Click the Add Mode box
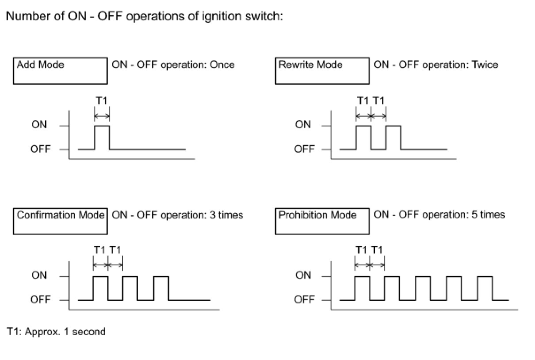tap(60, 71)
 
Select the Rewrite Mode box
tap(322, 71)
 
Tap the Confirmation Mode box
tap(60, 221)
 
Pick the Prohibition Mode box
tap(322, 221)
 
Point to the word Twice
tap(485, 65)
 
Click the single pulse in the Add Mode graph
tap(102, 138)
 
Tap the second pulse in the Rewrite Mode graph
tap(393, 138)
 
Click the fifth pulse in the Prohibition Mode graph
tap(485, 288)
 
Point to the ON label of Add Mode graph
tap(39, 125)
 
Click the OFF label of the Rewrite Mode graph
tap(304, 149)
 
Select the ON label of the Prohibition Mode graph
tap(303, 276)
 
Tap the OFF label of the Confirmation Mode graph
tap(41, 300)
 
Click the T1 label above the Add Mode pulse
tap(101, 101)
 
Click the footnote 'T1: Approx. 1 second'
tap(56, 332)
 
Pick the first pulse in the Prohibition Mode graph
tap(362, 288)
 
